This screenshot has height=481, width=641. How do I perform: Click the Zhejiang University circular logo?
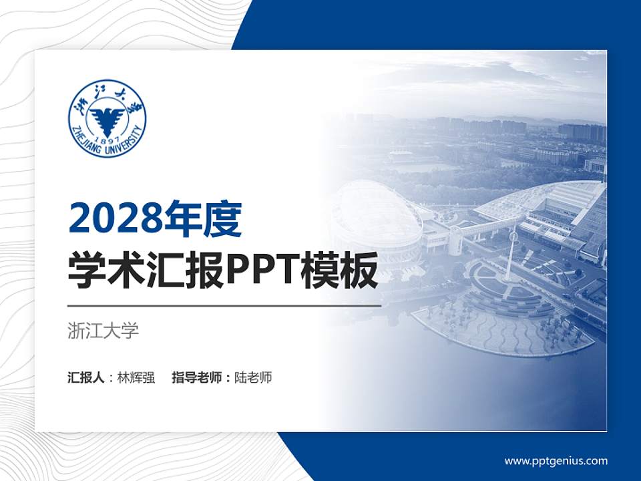[x=107, y=119]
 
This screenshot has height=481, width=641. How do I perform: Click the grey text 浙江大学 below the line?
[x=103, y=331]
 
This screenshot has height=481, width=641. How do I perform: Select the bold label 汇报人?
[x=85, y=377]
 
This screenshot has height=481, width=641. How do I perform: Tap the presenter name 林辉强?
[x=136, y=377]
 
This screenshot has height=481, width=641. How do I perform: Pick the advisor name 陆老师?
[x=254, y=377]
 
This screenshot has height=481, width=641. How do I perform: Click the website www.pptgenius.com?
[x=556, y=460]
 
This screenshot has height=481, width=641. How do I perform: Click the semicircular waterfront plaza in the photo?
[x=501, y=321]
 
